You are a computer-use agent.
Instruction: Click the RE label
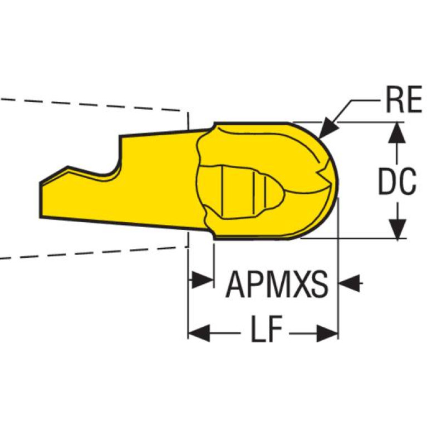coord(404,99)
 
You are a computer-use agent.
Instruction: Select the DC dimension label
coord(397,181)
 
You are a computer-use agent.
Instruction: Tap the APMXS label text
coord(277,284)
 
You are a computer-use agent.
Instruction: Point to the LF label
coord(266,329)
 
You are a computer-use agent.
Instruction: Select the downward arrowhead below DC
coord(397,229)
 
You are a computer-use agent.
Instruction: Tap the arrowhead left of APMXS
coord(202,279)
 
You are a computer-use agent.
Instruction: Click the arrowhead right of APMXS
coord(349,283)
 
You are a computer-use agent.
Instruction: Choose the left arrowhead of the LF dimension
coord(199,333)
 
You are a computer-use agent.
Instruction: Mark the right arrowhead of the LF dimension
coord(327,333)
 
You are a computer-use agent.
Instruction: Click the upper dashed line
coord(90,105)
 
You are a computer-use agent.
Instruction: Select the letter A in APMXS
coord(236,284)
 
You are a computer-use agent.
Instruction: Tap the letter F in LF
coord(274,329)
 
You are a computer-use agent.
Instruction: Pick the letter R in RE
coord(395,99)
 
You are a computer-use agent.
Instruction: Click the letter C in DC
coord(408,181)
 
